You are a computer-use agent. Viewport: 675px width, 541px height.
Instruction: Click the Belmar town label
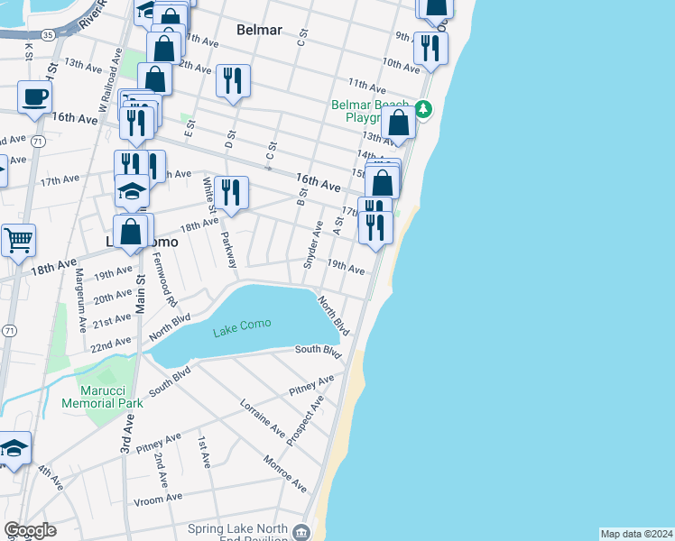pos(259,30)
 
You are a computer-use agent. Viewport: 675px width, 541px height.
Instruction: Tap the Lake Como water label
pos(242,331)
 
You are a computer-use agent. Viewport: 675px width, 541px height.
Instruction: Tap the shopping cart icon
pos(18,241)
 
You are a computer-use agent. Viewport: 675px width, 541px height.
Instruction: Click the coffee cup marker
pos(35,96)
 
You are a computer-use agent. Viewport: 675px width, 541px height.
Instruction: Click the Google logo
pos(30,530)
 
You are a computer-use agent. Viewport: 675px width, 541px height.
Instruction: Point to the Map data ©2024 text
pos(636,533)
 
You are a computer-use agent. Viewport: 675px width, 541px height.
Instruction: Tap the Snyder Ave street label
pos(313,244)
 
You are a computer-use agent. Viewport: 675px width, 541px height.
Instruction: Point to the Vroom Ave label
pos(158,498)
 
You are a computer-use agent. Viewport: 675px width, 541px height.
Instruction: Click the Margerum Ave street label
pos(79,300)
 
